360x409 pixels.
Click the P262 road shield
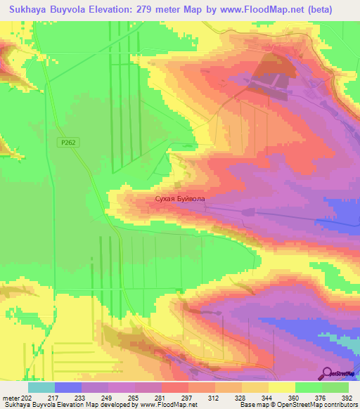[67, 142]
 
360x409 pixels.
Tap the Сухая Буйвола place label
[181, 199]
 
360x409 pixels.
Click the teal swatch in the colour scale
[41, 388]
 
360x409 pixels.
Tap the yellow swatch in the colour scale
[281, 388]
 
